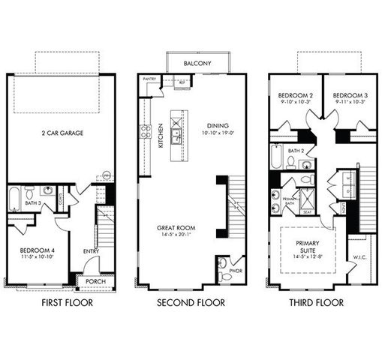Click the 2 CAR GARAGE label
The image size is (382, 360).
pos(62,133)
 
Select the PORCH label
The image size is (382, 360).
pos(95,283)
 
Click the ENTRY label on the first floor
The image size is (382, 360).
pos(92,251)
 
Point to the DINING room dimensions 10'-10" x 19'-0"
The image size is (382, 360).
pos(218,133)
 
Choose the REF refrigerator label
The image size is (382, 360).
pos(181,83)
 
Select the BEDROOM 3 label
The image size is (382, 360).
pos(349,95)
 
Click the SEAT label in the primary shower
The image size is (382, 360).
pos(308,211)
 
